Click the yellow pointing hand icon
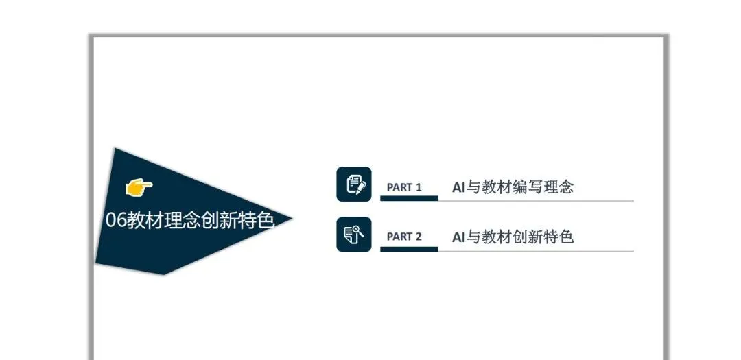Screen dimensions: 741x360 point(139,186)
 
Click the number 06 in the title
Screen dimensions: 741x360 point(115,220)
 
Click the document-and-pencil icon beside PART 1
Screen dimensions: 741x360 point(354,184)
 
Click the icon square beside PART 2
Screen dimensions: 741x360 point(354,235)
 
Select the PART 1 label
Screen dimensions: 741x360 point(404,187)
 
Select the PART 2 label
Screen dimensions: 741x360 point(404,237)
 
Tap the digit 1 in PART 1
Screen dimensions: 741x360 point(418,187)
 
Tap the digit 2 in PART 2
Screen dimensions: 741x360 point(418,237)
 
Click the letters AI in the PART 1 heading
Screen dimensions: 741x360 point(458,187)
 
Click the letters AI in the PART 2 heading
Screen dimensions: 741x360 point(458,237)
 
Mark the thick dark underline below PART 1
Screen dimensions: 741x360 point(409,198)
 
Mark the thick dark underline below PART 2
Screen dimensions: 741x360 point(409,249)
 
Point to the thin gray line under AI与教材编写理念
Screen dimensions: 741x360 point(535,201)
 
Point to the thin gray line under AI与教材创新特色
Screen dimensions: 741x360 point(535,251)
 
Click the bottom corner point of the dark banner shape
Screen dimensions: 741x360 point(163,274)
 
